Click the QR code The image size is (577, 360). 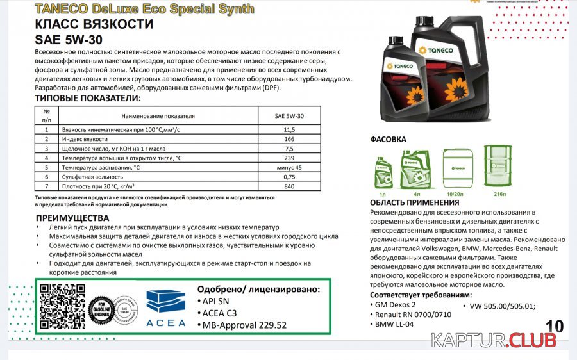pyautogui.click(x=62, y=306)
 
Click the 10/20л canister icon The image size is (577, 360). pyautogui.click(x=456, y=168)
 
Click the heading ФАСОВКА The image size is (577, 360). pyautogui.click(x=388, y=139)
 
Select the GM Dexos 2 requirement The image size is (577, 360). pyautogui.click(x=396, y=304)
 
